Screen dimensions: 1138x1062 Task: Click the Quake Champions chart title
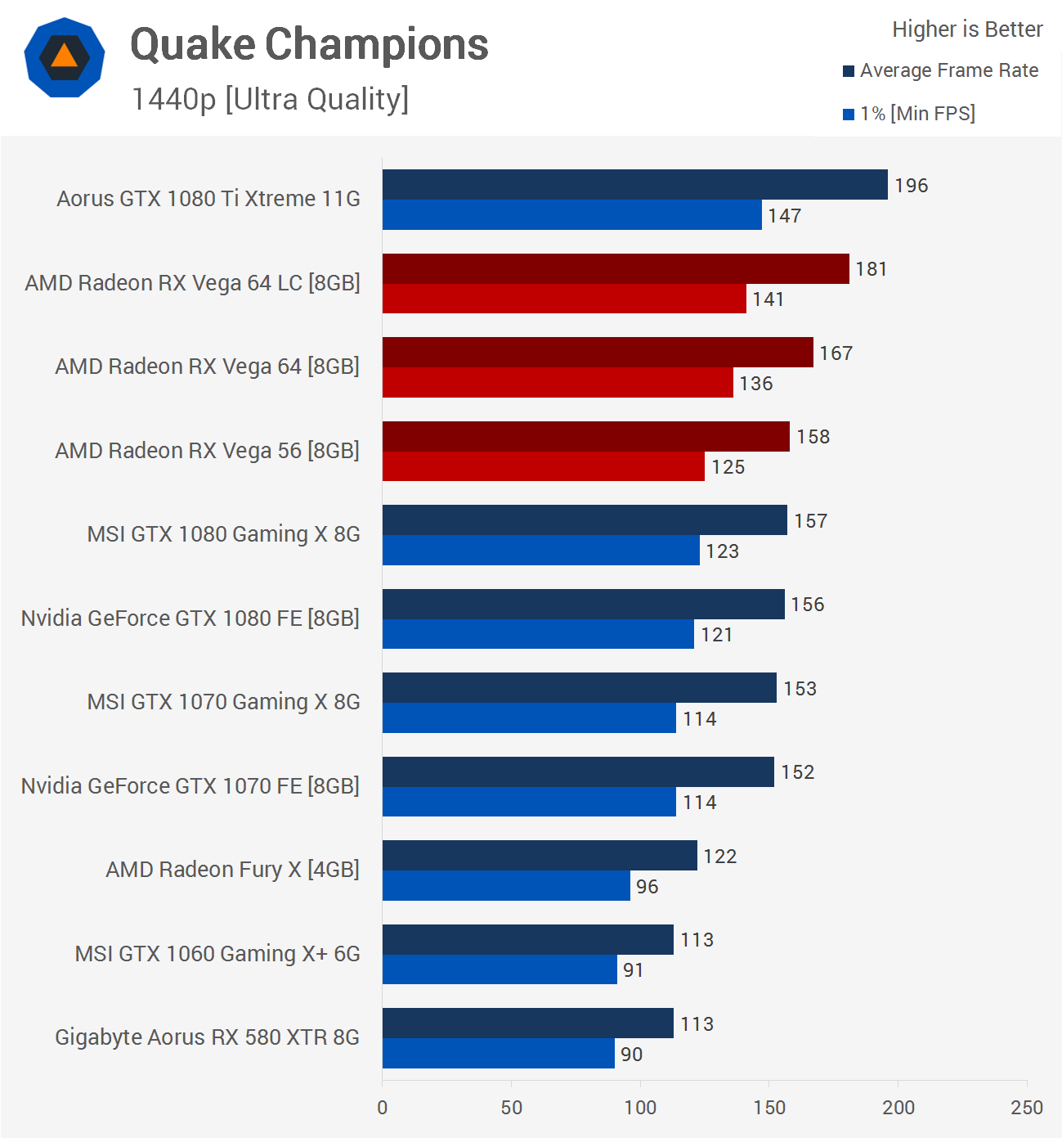tap(309, 44)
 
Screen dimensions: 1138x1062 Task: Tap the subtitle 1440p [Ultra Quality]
tap(270, 99)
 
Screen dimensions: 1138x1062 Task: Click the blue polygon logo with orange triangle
tap(65, 57)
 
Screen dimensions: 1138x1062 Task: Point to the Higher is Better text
tap(967, 29)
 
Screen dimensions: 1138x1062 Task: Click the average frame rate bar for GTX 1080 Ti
tap(634, 185)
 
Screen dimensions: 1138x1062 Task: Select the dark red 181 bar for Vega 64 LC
tap(616, 269)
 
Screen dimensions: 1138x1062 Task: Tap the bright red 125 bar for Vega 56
tap(544, 466)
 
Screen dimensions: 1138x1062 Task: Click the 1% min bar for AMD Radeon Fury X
tap(506, 886)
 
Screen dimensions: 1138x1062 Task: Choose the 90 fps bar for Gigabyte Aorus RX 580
tap(498, 1054)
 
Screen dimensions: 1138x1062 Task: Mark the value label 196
tap(911, 186)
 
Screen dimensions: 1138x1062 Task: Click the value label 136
tap(756, 384)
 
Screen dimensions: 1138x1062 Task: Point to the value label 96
tap(647, 887)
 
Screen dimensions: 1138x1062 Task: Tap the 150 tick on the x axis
tap(769, 1108)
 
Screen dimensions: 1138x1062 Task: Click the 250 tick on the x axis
tap(1027, 1108)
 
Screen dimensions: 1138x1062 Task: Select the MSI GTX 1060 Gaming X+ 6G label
tap(217, 954)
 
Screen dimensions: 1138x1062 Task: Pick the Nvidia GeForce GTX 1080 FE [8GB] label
tap(190, 618)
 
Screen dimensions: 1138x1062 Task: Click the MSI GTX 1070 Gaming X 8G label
tap(223, 702)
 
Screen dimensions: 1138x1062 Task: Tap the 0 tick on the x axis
tap(383, 1108)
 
